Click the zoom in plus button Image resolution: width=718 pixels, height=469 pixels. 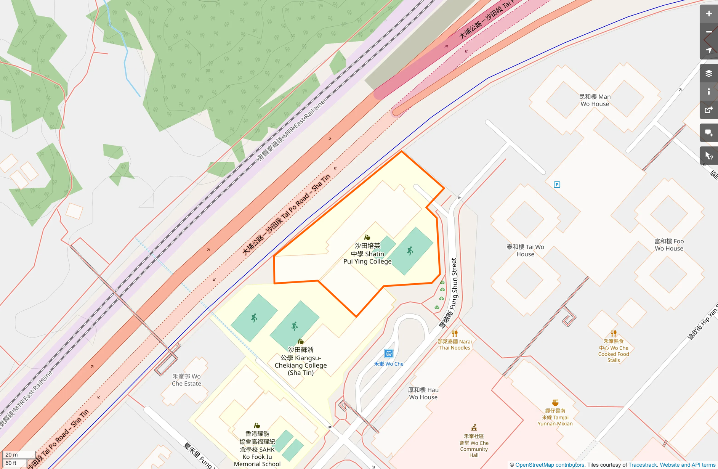708,14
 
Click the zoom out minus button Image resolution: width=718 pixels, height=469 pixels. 708,32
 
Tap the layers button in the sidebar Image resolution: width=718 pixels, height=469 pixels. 708,73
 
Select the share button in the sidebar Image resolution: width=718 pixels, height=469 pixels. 708,110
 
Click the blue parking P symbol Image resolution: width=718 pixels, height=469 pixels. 557,185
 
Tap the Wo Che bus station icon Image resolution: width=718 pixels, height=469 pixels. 388,353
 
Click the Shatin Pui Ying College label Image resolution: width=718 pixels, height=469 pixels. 367,254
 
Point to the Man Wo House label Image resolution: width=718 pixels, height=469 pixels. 595,100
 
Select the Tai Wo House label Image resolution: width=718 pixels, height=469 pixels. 525,251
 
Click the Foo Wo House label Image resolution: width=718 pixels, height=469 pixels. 669,245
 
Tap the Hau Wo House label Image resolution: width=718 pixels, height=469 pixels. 423,394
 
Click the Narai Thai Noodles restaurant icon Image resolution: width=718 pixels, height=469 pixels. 454,333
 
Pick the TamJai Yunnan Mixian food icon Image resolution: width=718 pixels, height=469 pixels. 555,403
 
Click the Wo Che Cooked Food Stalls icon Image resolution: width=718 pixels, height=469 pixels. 613,333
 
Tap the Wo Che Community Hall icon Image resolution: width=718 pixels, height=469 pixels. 474,427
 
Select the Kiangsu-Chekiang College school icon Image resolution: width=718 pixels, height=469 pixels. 300,341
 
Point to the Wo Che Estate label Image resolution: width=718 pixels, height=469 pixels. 186,380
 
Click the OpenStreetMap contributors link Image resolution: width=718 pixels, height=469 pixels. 550,465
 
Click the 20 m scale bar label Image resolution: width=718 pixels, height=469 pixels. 12,455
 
